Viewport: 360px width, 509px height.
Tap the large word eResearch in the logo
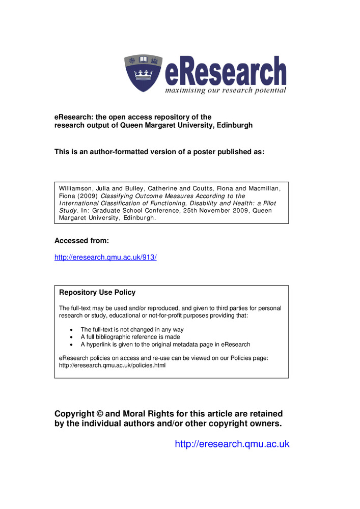pyautogui.click(x=226, y=73)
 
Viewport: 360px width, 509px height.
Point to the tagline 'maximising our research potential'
pyautogui.click(x=225, y=91)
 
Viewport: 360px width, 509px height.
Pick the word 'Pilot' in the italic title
pyautogui.click(x=265, y=203)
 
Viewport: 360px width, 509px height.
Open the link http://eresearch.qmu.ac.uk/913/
pyautogui.click(x=105, y=258)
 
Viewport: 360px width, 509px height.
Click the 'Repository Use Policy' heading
pyautogui.click(x=97, y=293)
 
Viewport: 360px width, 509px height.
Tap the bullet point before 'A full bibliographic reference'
pyautogui.click(x=71, y=337)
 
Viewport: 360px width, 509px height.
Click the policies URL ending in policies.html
pyautogui.click(x=113, y=365)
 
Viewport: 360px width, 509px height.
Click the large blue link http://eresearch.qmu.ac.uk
pyautogui.click(x=232, y=444)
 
